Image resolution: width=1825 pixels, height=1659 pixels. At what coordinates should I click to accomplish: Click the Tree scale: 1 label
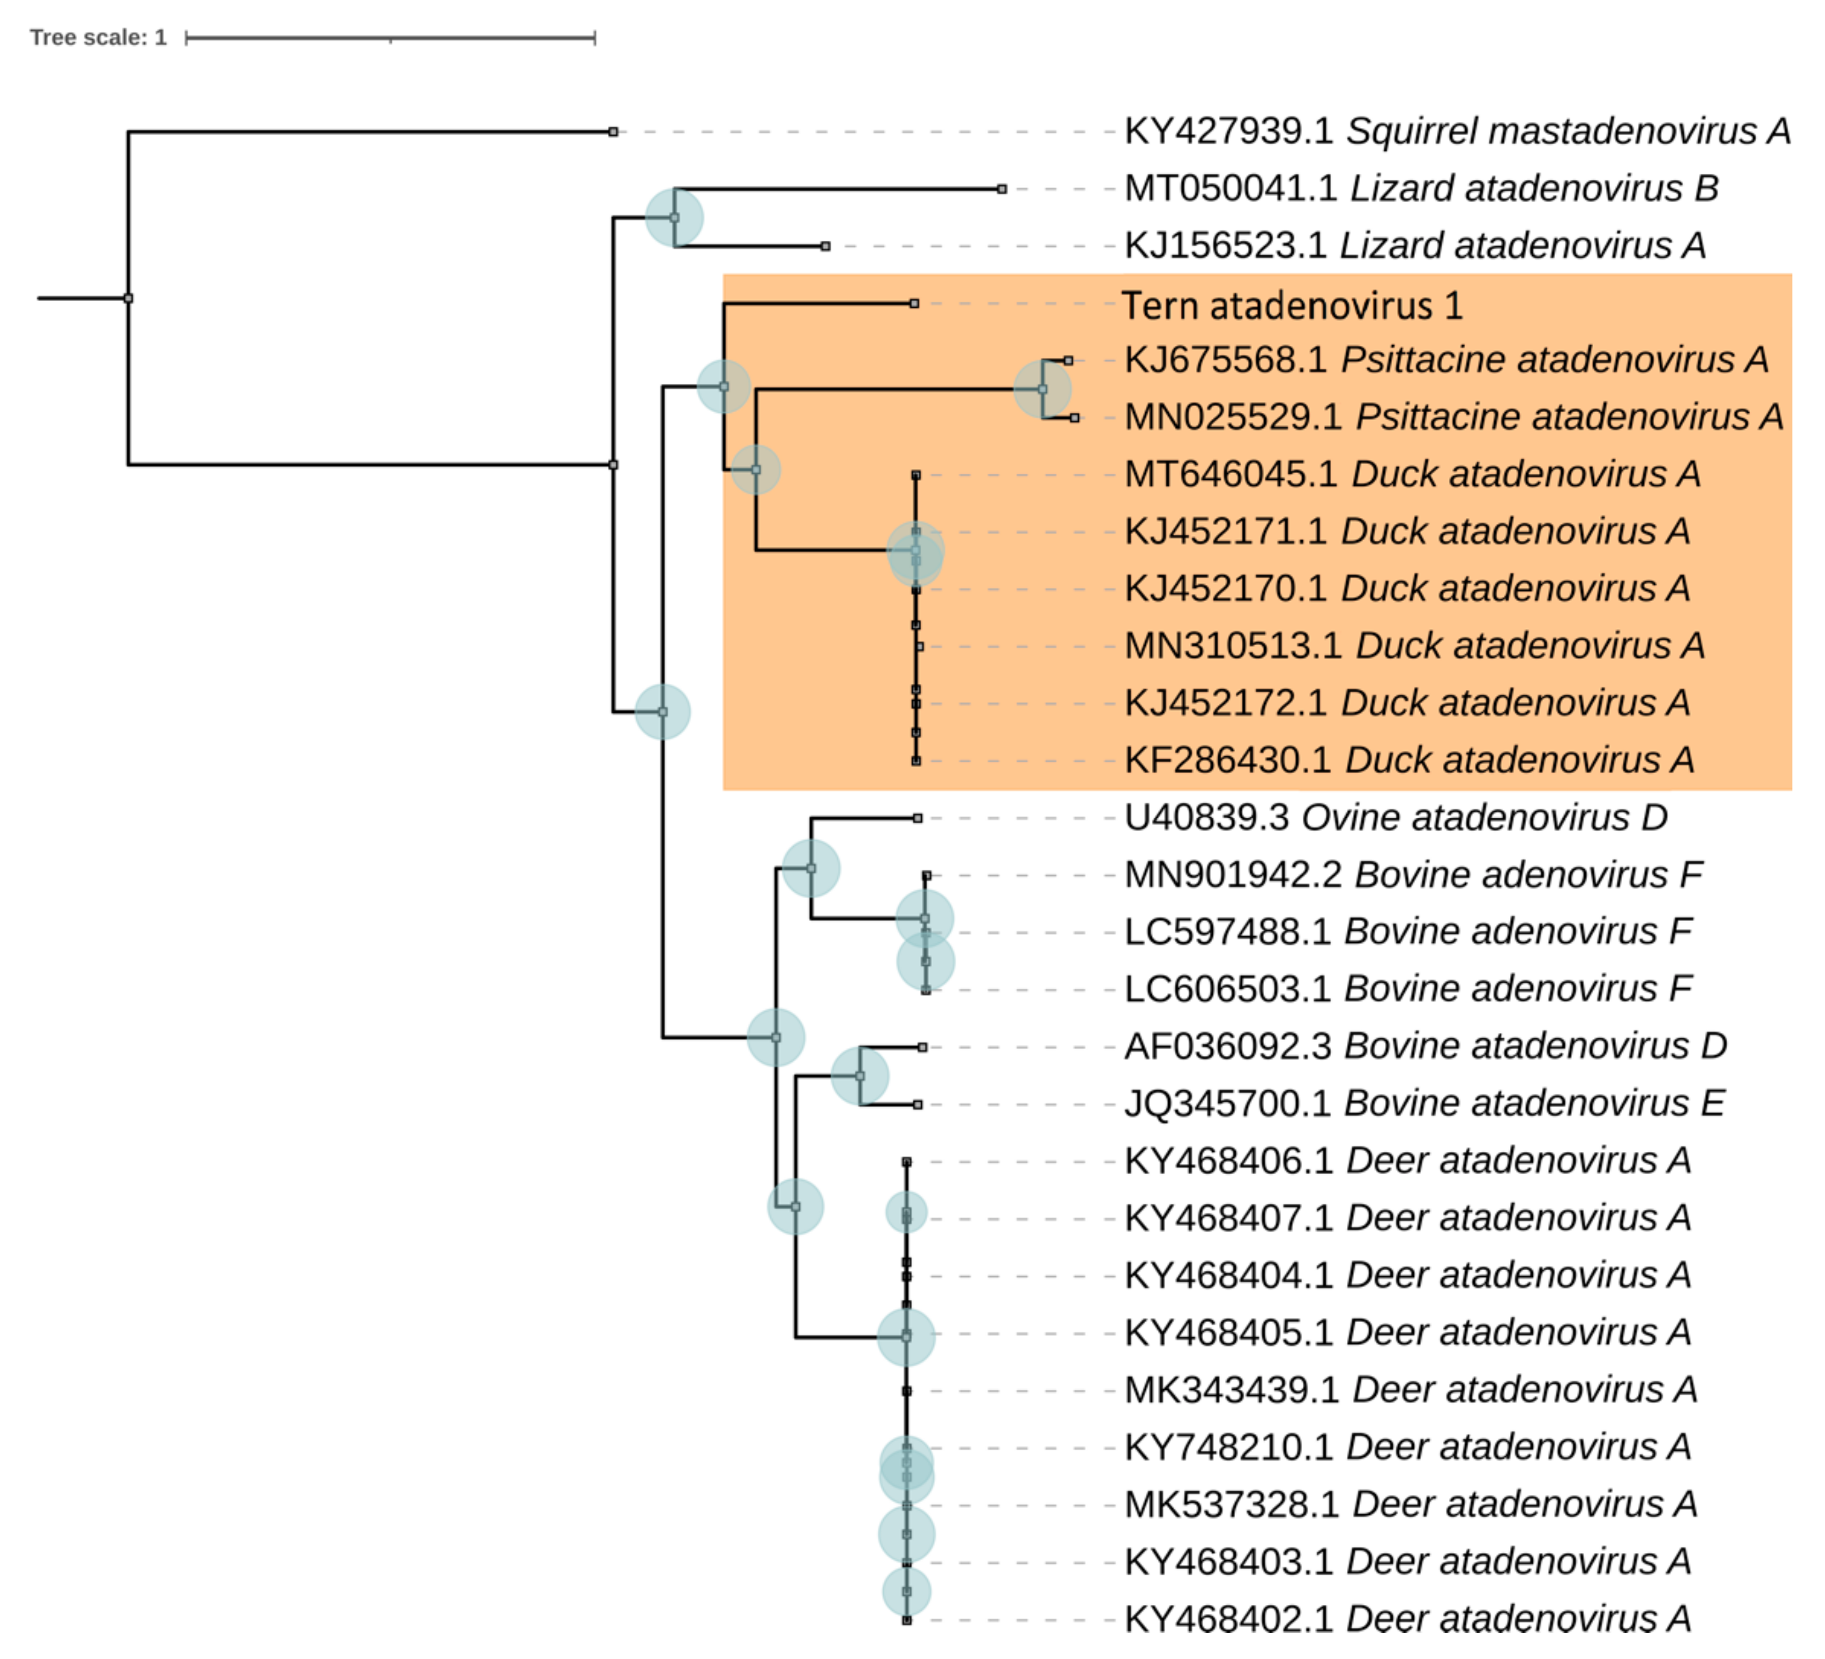(x=98, y=37)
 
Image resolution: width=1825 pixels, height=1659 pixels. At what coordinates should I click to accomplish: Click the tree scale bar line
(x=390, y=38)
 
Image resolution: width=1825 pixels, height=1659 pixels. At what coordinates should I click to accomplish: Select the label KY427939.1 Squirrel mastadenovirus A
(x=1456, y=131)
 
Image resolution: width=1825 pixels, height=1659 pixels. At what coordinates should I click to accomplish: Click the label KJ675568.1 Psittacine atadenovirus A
(x=1446, y=359)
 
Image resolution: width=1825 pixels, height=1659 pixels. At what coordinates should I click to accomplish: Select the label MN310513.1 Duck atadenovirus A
(x=1414, y=645)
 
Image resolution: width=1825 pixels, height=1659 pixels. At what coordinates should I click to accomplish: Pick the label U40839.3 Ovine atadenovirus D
(x=1395, y=817)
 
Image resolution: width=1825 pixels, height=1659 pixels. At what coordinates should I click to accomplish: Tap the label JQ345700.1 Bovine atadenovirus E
(x=1424, y=1103)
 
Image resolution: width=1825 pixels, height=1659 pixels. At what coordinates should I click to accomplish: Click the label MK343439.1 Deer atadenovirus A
(x=1411, y=1389)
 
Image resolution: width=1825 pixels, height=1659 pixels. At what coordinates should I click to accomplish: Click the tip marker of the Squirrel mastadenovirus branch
(x=613, y=132)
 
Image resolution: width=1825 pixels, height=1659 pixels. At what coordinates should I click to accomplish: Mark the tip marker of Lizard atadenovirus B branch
(x=1001, y=189)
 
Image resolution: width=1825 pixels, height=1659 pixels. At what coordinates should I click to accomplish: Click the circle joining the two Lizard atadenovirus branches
(x=674, y=217)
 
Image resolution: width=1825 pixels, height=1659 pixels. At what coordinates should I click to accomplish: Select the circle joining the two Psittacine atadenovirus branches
(x=1042, y=389)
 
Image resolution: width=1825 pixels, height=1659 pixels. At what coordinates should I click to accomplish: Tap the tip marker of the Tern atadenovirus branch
(x=914, y=304)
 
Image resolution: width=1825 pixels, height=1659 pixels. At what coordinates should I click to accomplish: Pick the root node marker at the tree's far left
(x=128, y=298)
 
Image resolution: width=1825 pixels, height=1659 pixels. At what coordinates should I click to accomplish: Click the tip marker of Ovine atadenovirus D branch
(x=917, y=818)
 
